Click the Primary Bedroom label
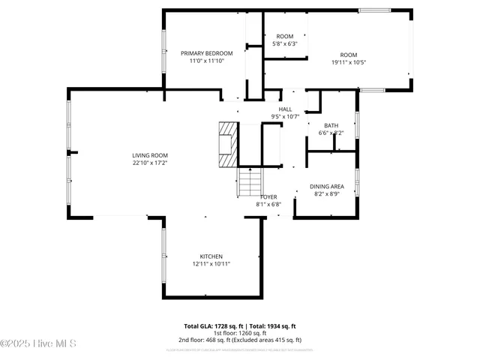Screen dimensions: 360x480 click(x=206, y=53)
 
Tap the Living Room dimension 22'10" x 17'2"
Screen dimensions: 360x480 click(x=150, y=163)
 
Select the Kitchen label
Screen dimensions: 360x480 click(x=211, y=256)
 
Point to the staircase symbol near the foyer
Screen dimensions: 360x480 click(x=250, y=180)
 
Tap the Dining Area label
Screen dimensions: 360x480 click(x=328, y=186)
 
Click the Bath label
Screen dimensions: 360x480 click(x=331, y=125)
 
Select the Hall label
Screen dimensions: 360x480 click(x=285, y=109)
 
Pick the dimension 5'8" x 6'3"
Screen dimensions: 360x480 click(x=284, y=43)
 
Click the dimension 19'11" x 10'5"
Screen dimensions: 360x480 click(x=349, y=62)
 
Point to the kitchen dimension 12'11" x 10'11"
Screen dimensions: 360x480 click(x=211, y=264)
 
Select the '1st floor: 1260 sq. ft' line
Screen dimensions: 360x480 click(x=240, y=334)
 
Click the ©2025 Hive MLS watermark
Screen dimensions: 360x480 click(x=39, y=344)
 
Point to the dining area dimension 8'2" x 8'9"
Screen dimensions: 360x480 click(x=328, y=193)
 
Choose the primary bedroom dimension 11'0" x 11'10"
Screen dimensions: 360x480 click(x=206, y=61)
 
